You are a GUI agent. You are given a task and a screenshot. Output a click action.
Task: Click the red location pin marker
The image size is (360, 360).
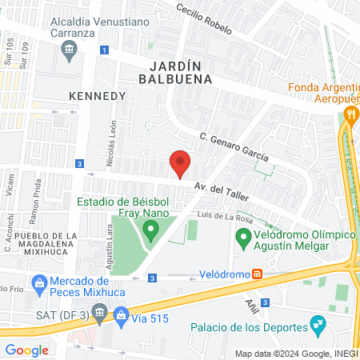tap(180, 164)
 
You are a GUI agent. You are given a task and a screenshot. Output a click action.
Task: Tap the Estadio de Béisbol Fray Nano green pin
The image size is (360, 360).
tap(150, 233)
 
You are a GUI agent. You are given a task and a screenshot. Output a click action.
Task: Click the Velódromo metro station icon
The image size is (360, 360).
tap(257, 274)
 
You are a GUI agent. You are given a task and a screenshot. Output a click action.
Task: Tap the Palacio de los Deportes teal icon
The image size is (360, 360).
tap(319, 326)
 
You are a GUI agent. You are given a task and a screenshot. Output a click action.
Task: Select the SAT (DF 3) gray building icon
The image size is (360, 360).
tap(98, 318)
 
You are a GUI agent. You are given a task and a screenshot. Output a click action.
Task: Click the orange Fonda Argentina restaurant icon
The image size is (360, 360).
tap(350, 114)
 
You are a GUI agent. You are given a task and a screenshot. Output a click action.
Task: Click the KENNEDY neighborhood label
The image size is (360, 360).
tap(98, 95)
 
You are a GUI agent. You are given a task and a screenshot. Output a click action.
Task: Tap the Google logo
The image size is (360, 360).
tap(26, 350)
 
